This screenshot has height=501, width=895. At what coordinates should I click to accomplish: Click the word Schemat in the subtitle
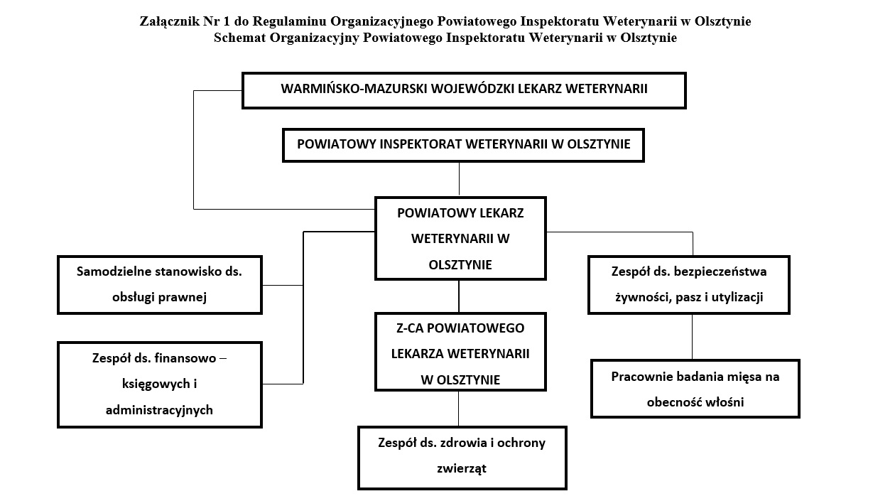point(240,38)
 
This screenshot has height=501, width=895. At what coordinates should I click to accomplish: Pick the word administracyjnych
point(159,410)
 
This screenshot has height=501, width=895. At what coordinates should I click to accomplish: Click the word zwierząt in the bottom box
point(462,468)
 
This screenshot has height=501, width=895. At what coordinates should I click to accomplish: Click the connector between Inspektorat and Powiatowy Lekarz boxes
point(459,179)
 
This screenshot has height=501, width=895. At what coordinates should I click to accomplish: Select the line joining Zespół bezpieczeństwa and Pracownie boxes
point(692,337)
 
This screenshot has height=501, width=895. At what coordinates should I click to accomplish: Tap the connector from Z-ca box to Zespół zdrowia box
point(458,409)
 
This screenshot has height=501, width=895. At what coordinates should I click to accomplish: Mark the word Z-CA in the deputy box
point(410,328)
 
